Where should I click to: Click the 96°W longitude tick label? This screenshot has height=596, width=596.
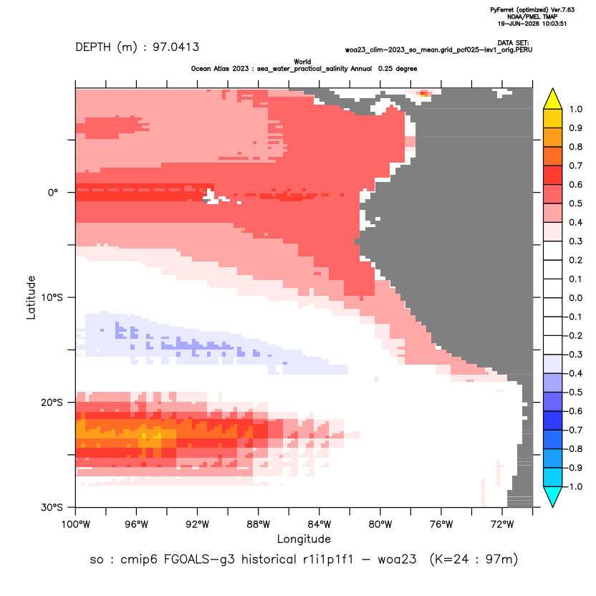pos(136,524)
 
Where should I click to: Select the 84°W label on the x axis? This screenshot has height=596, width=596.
pos(319,524)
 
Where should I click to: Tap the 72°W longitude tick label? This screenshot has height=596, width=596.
pos(501,524)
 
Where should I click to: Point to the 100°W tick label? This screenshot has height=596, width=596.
pos(76,524)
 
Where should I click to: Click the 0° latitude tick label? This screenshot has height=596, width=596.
pos(53,193)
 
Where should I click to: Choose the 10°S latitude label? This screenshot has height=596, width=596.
pos(52,297)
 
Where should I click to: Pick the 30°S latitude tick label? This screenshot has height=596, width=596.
pos(52,507)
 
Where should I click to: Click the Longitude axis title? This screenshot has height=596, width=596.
pos(304,539)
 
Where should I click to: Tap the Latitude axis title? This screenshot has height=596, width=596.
pos(31,297)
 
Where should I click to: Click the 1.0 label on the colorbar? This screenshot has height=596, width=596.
pos(575,110)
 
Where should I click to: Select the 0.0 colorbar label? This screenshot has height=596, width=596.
pos(575,298)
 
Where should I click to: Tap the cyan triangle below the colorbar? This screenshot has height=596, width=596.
pos(553,496)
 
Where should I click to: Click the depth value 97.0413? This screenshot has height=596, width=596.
pos(176,47)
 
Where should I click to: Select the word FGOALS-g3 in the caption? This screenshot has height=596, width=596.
pos(199,559)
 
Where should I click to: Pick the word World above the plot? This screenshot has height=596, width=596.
pos(302,62)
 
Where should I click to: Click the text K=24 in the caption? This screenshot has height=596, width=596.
pos(451,559)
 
